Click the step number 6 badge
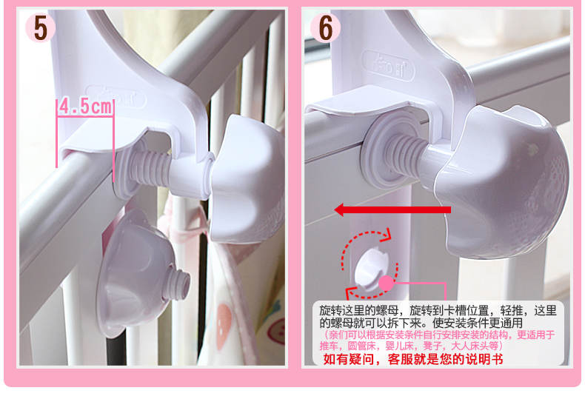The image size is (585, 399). pyautogui.click(x=325, y=27)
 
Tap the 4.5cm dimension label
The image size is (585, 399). pyautogui.click(x=86, y=107)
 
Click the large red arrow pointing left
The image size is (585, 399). pyautogui.click(x=392, y=209)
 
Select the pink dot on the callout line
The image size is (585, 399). pyautogui.click(x=386, y=284)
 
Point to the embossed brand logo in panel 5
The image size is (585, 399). pyautogui.click(x=116, y=97)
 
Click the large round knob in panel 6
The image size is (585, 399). pyautogui.click(x=502, y=182)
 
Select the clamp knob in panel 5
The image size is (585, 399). pyautogui.click(x=247, y=180)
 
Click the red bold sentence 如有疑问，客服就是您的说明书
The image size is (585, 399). pyautogui.click(x=413, y=359)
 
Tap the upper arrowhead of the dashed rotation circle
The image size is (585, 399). pyautogui.click(x=387, y=234)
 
